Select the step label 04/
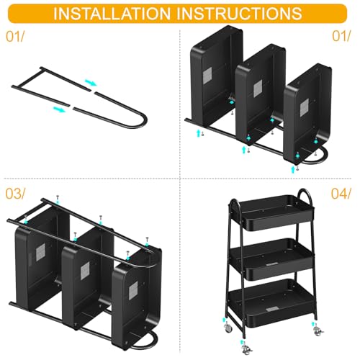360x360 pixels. coord(341,195)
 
